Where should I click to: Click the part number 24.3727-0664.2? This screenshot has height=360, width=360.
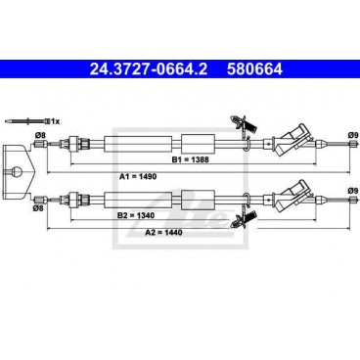coord(149,69)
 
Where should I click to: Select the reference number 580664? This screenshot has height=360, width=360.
coord(254,69)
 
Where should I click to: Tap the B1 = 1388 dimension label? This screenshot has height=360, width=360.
coord(191,159)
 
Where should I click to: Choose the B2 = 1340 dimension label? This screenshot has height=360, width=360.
coord(136,215)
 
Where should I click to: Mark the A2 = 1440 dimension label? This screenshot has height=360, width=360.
coord(163,232)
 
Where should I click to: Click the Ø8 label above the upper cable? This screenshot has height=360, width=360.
coord(40,134)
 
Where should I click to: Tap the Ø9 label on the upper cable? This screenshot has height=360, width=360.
coord(353,134)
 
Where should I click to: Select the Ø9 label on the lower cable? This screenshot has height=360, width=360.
coord(353,191)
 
